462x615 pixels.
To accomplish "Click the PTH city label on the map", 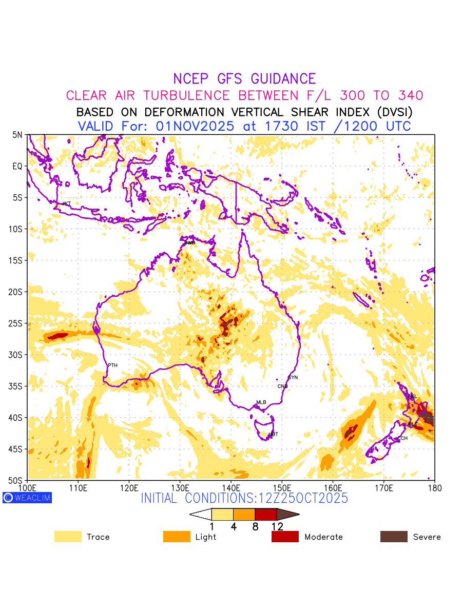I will point(112,365).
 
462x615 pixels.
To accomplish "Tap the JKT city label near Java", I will point(66,203).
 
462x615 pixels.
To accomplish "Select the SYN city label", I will point(293,378).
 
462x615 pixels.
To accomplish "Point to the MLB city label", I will point(261,402).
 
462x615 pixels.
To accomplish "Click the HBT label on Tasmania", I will point(273,434).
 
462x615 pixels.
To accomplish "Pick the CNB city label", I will point(282,386).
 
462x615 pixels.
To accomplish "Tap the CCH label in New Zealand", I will point(402,439).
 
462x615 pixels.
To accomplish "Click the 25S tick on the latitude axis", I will point(17,323).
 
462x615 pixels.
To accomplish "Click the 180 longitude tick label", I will point(434,487).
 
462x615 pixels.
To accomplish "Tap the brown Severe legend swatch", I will point(394,537).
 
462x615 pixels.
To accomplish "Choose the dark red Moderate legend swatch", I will point(285,537).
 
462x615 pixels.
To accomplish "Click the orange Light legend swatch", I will point(177,537).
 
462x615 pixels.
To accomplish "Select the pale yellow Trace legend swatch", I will point(68,537).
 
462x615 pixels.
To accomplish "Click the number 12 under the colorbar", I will point(277,526).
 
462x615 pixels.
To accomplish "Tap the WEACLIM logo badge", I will point(27,497).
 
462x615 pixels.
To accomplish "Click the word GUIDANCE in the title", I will point(283,79).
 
